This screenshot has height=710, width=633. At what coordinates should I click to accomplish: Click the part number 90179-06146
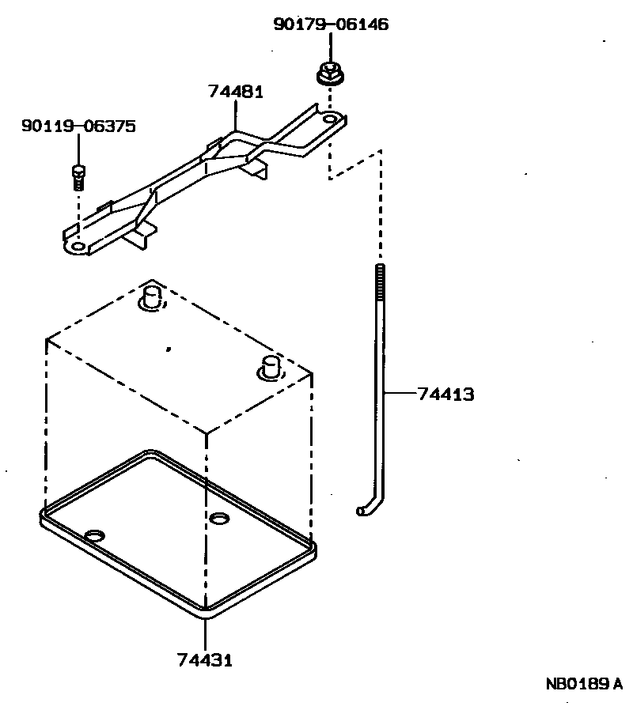click(x=331, y=25)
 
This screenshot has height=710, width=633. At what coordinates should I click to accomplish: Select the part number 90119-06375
click(x=78, y=126)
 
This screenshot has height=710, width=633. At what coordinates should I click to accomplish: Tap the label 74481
click(x=236, y=92)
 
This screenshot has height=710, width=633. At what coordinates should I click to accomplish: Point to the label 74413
click(x=446, y=393)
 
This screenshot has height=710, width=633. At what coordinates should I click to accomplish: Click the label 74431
click(x=205, y=659)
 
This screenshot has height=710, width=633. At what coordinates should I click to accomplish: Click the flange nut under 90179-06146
click(x=328, y=74)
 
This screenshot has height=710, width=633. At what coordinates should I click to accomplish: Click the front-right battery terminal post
click(x=271, y=366)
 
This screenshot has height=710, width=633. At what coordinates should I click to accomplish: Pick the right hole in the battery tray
click(x=219, y=518)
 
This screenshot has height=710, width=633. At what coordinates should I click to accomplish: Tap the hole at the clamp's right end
click(x=329, y=119)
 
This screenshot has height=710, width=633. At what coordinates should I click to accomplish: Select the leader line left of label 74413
click(x=400, y=392)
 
